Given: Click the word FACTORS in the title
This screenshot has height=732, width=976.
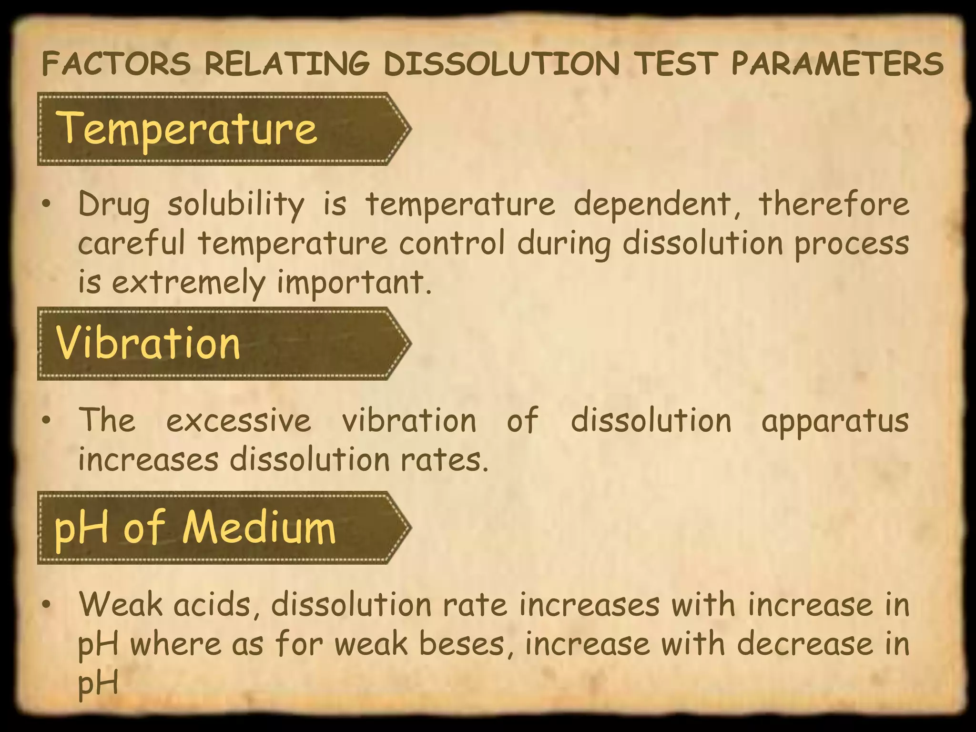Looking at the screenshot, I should [x=116, y=64].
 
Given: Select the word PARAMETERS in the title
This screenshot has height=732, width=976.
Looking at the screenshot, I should [x=837, y=64].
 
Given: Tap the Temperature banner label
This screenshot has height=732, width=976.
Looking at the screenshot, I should [x=188, y=128].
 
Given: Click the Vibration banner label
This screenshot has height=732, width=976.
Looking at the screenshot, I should [x=148, y=343].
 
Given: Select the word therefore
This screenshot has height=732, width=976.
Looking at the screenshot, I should [x=834, y=203].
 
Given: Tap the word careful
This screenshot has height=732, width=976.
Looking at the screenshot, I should [x=132, y=243].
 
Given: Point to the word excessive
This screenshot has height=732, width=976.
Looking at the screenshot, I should [x=238, y=420].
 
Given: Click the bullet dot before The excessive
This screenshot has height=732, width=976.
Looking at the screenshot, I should [x=46, y=421].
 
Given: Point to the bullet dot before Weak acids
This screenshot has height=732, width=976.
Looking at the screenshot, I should [x=46, y=605].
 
